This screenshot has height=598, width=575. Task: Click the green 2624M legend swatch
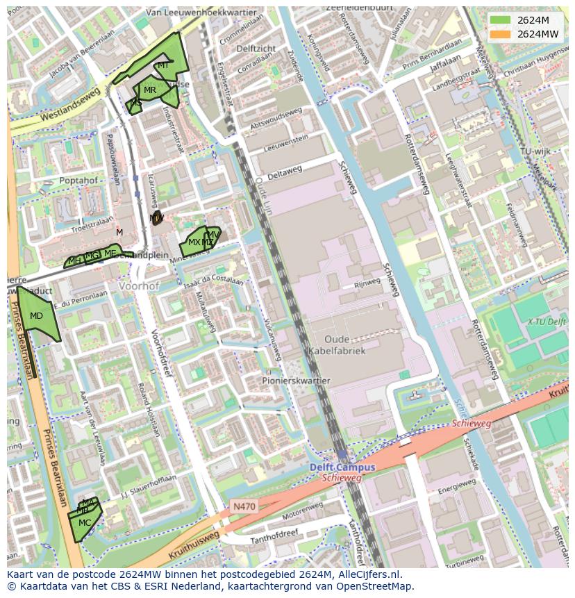(x=499, y=20)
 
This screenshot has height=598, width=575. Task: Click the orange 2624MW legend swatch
(x=499, y=34)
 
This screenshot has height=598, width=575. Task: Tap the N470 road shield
(x=244, y=506)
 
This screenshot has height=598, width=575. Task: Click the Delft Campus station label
(x=342, y=467)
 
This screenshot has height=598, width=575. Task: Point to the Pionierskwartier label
(x=296, y=381)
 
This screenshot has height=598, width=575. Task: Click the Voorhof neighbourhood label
(x=139, y=285)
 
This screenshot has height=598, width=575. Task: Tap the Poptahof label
(x=78, y=180)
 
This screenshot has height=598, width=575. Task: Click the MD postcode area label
(x=36, y=316)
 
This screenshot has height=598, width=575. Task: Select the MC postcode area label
(x=84, y=522)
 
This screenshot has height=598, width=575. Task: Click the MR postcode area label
(x=150, y=90)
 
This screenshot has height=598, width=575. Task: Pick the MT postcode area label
(x=163, y=65)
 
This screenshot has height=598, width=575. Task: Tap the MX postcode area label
(x=194, y=242)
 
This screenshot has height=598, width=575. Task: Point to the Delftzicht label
(x=256, y=49)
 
